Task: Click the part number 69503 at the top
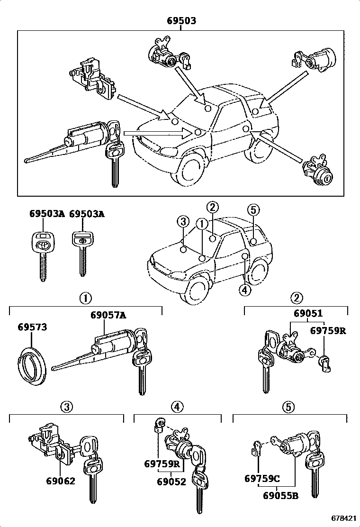click(181, 21)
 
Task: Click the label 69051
click(308, 314)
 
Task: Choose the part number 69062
click(61, 481)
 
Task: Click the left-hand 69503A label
click(47, 214)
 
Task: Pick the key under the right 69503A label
click(83, 251)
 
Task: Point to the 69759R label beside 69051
click(328, 331)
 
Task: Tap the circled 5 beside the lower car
click(254, 209)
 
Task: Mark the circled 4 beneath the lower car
click(244, 290)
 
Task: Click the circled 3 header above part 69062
click(67, 406)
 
